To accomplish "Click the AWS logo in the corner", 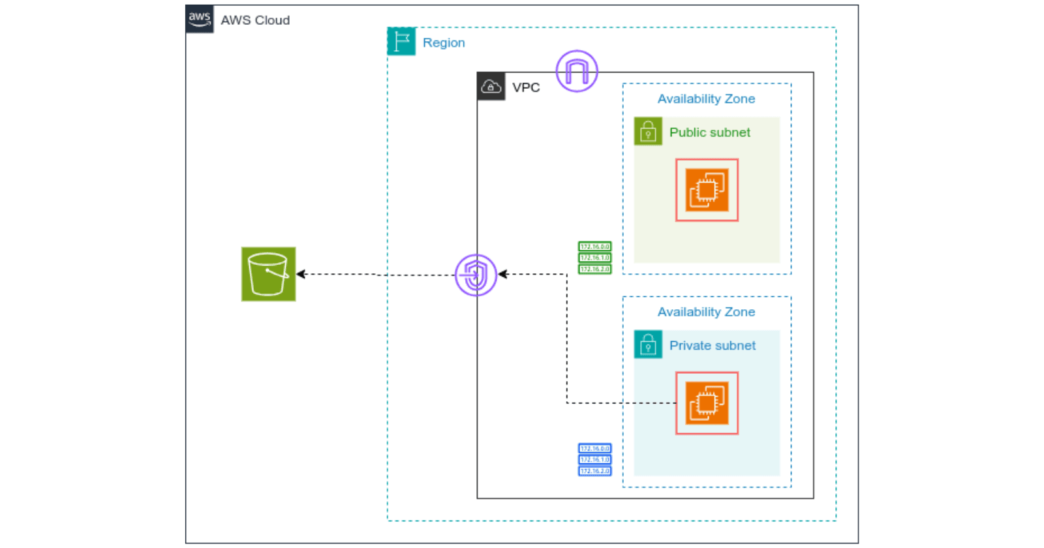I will tap(200, 19).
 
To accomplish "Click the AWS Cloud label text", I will tap(255, 20).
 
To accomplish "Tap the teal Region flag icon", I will tap(401, 42).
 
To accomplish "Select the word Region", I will tap(444, 43).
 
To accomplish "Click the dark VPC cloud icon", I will tap(491, 87).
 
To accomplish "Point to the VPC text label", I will tap(526, 87).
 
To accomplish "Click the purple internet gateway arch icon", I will tap(577, 71).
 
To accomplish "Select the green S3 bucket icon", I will tap(268, 274).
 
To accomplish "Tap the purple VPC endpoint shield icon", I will tap(476, 275).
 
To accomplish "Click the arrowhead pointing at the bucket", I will tap(301, 274).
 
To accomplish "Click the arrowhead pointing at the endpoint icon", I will tap(502, 274).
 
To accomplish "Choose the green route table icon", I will tap(594, 258).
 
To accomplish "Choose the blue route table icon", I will tap(594, 459).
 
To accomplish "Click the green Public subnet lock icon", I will tap(648, 132).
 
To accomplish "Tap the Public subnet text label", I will tap(710, 132).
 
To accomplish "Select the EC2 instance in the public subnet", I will tap(707, 190).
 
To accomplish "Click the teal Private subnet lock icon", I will tap(648, 345).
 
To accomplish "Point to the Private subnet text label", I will tap(713, 346).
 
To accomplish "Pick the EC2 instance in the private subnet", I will tap(707, 403).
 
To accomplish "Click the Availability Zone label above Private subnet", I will tap(706, 312).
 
